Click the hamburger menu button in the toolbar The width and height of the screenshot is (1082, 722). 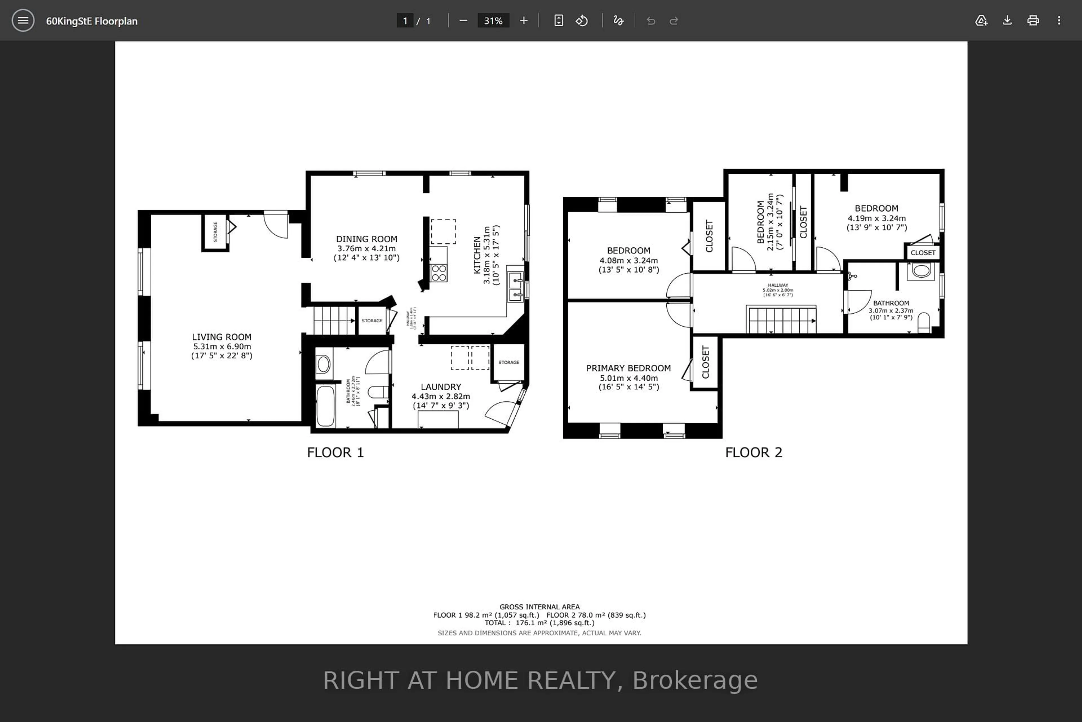(23, 21)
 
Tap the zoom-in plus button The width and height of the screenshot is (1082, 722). (524, 21)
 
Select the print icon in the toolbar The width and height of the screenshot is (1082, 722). (1033, 21)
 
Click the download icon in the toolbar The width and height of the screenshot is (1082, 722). (1007, 21)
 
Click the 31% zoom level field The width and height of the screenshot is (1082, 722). (493, 21)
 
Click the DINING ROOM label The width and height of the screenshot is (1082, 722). (366, 239)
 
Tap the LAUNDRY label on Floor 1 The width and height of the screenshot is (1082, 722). (441, 387)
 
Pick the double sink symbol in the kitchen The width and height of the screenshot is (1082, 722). (516, 287)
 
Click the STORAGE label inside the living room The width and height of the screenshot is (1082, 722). (215, 232)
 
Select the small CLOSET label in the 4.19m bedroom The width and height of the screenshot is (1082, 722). (923, 253)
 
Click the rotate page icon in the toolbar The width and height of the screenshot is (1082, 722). (582, 21)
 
